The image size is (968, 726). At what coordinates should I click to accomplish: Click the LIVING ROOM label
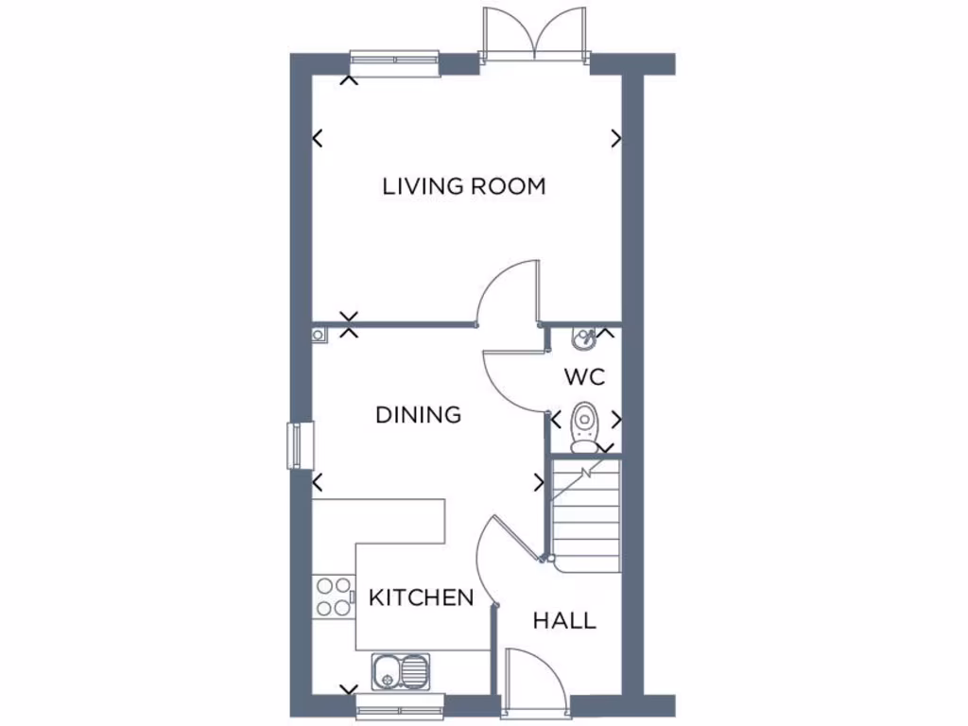tap(464, 186)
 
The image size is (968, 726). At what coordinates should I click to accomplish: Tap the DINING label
tap(418, 415)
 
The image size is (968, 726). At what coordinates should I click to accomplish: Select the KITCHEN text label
tap(421, 597)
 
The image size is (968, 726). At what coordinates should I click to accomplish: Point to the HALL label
tap(564, 621)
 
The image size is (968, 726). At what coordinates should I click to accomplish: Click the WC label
tap(584, 377)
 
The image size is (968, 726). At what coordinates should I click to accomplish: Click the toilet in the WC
tap(584, 424)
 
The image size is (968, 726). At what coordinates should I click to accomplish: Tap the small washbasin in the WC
tap(583, 336)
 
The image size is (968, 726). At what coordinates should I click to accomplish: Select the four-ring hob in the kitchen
tap(333, 596)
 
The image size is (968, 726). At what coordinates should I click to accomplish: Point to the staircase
tap(585, 515)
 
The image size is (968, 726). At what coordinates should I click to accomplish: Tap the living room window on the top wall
tap(394, 61)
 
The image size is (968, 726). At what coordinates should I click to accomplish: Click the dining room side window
tap(300, 445)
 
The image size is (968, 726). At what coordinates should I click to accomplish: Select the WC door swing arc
tap(515, 378)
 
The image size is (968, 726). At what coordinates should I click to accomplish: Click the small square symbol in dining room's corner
tap(319, 333)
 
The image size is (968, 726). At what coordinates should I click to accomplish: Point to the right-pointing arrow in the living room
tap(616, 138)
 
